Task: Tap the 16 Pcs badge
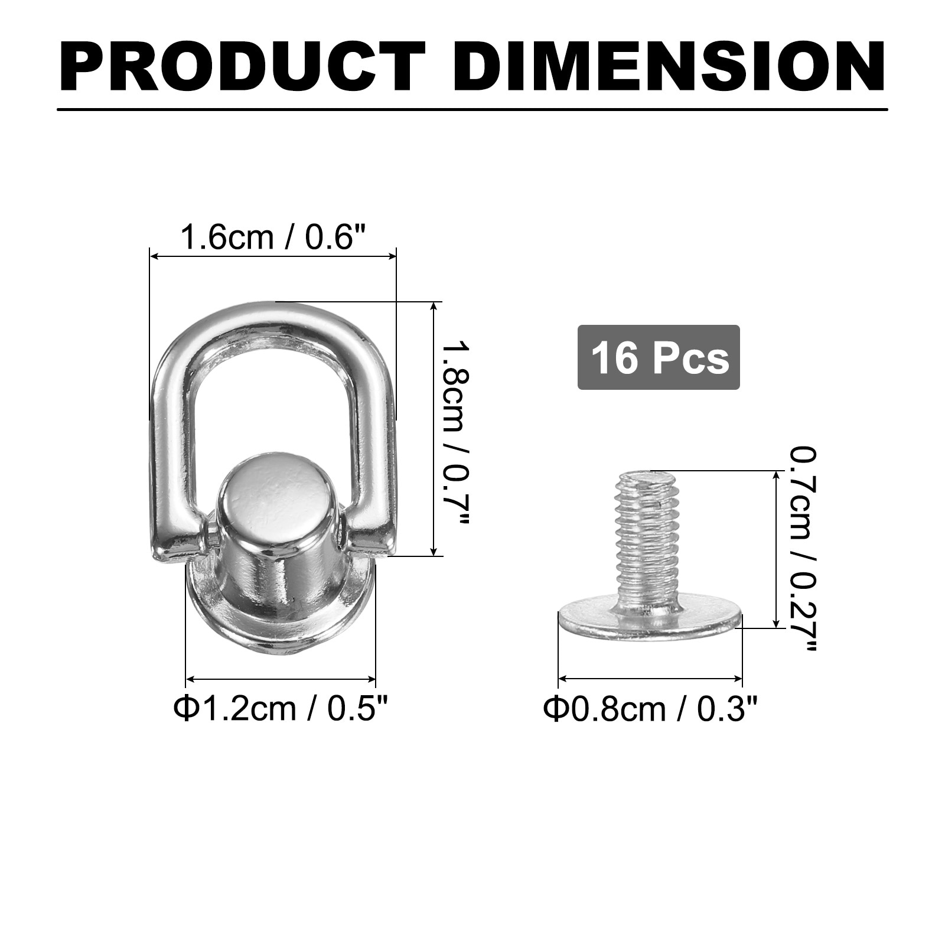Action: (x=659, y=357)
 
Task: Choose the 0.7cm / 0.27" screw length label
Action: (x=803, y=549)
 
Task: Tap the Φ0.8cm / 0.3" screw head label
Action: (x=650, y=709)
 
